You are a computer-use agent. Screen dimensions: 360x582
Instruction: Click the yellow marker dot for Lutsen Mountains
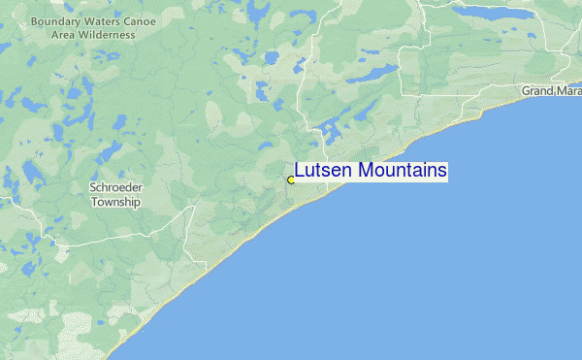click(x=291, y=180)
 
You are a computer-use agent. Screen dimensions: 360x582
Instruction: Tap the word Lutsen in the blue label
click(x=324, y=171)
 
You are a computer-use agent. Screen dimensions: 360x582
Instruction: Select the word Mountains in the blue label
click(x=403, y=171)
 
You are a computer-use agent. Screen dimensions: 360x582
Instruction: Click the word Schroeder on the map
click(x=115, y=188)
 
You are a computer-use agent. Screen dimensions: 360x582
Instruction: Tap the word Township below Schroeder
click(x=115, y=203)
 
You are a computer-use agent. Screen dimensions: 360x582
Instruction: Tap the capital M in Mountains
click(x=365, y=171)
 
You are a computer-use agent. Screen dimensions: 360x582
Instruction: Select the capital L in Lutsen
click(x=300, y=171)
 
